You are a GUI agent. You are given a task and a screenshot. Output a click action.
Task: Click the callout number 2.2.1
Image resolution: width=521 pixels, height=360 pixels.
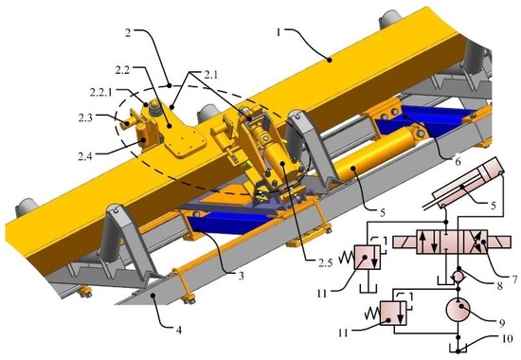click(101, 92)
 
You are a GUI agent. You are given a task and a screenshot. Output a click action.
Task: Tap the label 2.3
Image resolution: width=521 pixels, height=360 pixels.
click(85, 117)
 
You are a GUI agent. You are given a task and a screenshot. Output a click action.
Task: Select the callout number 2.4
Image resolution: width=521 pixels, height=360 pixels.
click(85, 156)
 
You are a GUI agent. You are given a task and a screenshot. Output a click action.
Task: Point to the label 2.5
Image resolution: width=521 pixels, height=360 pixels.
click(325, 262)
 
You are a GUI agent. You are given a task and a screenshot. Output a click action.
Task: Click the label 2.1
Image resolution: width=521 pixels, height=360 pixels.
click(210, 75)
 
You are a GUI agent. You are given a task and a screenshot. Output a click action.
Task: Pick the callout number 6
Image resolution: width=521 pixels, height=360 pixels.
click(458, 162)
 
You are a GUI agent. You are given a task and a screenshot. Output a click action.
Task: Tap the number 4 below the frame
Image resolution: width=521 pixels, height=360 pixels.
click(179, 330)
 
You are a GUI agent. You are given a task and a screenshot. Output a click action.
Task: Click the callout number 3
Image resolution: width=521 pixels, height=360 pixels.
click(241, 276)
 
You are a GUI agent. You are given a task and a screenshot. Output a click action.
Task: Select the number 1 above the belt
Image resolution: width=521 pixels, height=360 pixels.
click(279, 32)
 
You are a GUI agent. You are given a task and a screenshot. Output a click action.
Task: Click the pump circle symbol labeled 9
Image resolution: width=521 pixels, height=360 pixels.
click(459, 310)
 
